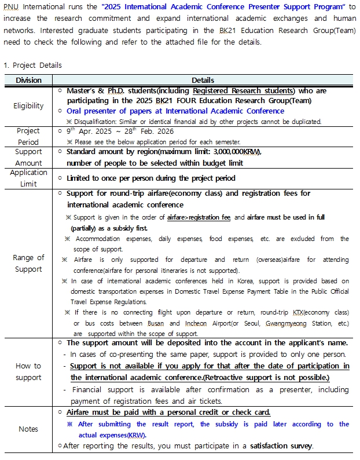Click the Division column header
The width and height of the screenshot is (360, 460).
coord(28,80)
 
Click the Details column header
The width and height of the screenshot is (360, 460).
coord(203,80)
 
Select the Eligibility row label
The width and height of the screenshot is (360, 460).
coord(28,105)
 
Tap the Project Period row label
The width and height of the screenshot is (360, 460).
coord(28,136)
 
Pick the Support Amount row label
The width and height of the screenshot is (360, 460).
coord(28,158)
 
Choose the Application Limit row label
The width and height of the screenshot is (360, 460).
coord(28,178)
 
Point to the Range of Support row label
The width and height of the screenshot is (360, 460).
coord(28,263)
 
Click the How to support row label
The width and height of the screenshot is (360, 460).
coord(28,371)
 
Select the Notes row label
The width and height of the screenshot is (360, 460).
coord(28,429)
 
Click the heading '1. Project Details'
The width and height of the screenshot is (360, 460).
coord(32,65)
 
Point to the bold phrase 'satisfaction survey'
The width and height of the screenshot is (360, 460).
coord(281,446)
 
